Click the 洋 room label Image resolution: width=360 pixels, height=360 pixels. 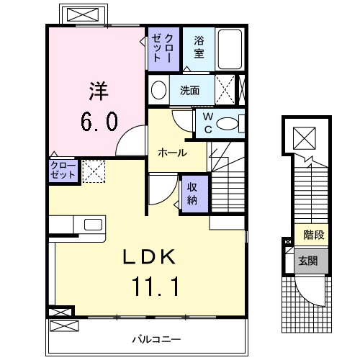coord(99,91)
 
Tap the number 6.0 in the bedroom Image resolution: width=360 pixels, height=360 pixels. coord(99,122)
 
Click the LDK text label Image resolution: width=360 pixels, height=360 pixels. coord(149,257)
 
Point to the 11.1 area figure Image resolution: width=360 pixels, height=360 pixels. coord(156,287)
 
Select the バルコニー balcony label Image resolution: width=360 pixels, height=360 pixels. coord(156,339)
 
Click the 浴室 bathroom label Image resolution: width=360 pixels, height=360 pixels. coord(199,47)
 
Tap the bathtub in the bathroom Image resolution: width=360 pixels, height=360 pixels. coord(230,49)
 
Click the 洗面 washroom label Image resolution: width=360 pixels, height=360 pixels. coord(189,91)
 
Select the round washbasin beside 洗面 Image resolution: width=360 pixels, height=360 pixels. coord(158,90)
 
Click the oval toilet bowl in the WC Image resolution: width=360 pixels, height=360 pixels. coord(227,124)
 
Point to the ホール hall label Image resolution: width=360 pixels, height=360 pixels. coord(172,153)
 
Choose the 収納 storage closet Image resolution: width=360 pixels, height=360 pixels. coord(195,194)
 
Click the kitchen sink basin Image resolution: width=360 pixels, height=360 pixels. coord(93,225)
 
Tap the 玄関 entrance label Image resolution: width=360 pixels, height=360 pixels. coord(308,261)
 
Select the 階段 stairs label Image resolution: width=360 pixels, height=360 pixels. coord(314,235)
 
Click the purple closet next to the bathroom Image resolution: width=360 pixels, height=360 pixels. coord(163,49)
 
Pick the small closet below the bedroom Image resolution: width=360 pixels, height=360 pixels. coord(63,170)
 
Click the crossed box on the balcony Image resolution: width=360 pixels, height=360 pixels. coord(64,326)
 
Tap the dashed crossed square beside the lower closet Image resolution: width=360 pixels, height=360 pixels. coord(94,171)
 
